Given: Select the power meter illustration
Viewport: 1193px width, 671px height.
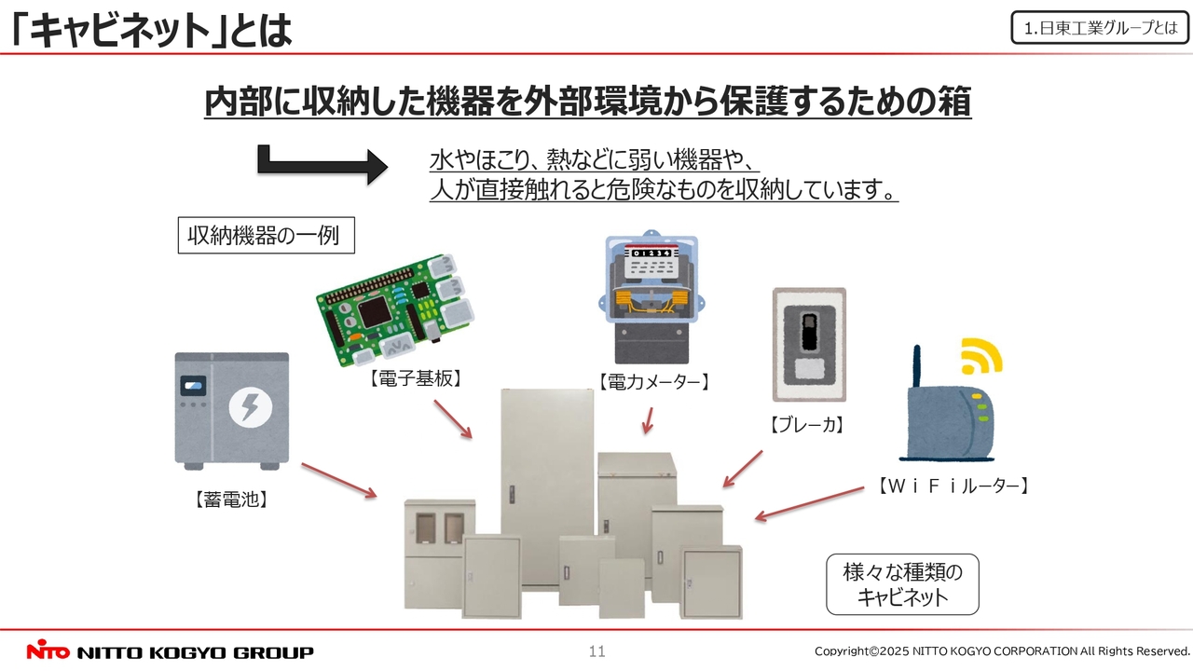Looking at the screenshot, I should pyautogui.click(x=651, y=297).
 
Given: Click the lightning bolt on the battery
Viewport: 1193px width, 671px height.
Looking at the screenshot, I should pyautogui.click(x=250, y=406).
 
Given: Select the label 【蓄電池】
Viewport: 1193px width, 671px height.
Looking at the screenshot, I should pyautogui.click(x=231, y=500).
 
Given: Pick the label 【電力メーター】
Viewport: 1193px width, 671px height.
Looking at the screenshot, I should pyautogui.click(x=653, y=381).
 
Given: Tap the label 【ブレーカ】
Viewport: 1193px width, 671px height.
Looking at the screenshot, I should pyautogui.click(x=807, y=426).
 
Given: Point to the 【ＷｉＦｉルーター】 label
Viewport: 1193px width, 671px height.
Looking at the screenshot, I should pyautogui.click(x=953, y=486).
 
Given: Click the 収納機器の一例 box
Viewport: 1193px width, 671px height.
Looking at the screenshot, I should pyautogui.click(x=266, y=235).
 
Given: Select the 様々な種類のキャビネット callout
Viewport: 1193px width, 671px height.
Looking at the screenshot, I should pyautogui.click(x=902, y=584).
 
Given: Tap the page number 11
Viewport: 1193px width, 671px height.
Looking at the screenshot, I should pyautogui.click(x=596, y=651).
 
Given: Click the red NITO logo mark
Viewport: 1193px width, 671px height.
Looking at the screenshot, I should pyautogui.click(x=46, y=651).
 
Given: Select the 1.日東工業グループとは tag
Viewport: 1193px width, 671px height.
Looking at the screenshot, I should pyautogui.click(x=1100, y=28).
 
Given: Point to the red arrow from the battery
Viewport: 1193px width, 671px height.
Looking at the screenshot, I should pyautogui.click(x=338, y=479).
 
